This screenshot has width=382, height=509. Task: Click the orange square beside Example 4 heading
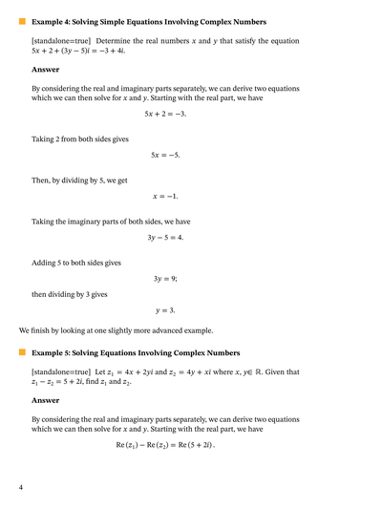pos(22,20)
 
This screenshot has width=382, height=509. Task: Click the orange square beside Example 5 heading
pos(22,351)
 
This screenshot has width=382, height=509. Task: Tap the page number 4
pos(20,488)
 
